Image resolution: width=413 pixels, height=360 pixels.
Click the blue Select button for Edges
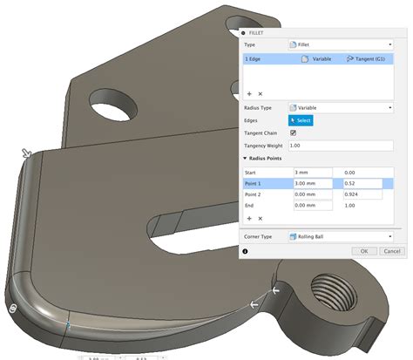pyautogui.click(x=299, y=120)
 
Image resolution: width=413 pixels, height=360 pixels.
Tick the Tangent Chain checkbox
pyautogui.click(x=292, y=132)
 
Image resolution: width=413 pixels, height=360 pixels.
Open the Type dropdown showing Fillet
pyautogui.click(x=340, y=44)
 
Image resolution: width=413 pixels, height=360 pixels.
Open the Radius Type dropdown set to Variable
pyautogui.click(x=340, y=107)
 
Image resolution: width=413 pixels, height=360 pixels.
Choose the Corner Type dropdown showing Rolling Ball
pyautogui.click(x=340, y=236)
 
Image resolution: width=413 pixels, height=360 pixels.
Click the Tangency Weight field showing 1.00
pyautogui.click(x=340, y=146)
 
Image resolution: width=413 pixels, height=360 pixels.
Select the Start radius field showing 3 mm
pyautogui.click(x=313, y=173)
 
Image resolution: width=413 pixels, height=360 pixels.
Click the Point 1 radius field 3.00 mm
pyautogui.click(x=313, y=184)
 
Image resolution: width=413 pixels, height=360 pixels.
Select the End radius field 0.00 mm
pyautogui.click(x=313, y=206)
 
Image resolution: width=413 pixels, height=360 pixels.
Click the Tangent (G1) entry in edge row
pyautogui.click(x=364, y=59)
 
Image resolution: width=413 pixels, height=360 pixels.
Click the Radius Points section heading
pyautogui.click(x=273, y=159)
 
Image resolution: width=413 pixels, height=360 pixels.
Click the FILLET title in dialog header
pyautogui.click(x=262, y=31)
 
